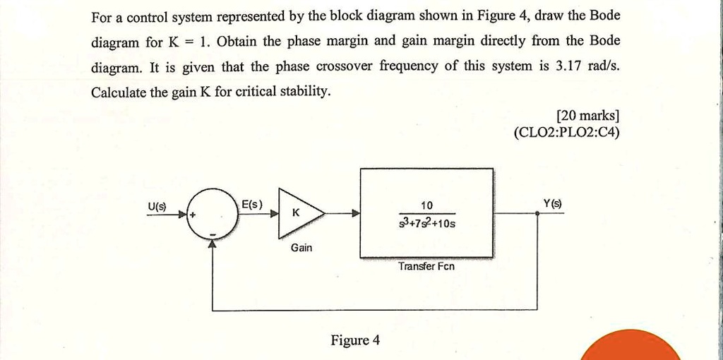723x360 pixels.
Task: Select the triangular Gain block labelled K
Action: pos(299,212)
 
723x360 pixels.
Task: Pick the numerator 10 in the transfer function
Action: pos(426,205)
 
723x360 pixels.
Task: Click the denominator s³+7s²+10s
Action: pos(427,224)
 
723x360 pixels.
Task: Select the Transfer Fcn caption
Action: pos(426,266)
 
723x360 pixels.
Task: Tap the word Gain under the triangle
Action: pos(301,248)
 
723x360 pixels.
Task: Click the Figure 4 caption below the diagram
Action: pos(355,340)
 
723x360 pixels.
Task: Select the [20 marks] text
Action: pos(587,116)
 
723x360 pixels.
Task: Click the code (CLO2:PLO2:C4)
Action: pos(567,133)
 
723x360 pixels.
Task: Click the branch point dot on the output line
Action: pos(537,213)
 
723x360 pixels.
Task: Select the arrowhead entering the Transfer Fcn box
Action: pos(357,213)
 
